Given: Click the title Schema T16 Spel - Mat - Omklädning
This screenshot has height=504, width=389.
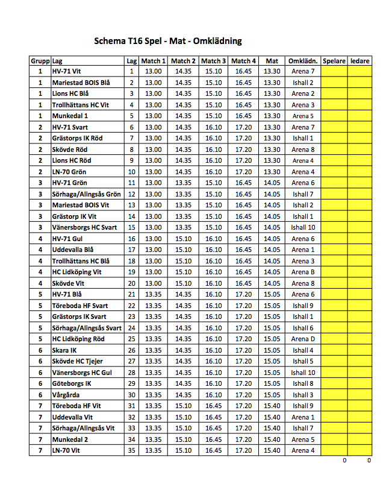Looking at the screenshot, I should point(167,42).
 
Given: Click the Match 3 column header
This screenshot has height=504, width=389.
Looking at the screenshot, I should point(214,61).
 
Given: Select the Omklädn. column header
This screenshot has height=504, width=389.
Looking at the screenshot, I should point(303,61).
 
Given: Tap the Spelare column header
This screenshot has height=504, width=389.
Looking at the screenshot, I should point(334,61).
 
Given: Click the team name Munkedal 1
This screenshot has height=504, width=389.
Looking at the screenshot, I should point(70,116).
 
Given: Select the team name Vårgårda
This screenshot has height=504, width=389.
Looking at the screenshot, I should point(66,395).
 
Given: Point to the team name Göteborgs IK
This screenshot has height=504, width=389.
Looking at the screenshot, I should point(72,383).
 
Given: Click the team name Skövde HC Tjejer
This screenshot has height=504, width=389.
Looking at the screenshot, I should point(78,361).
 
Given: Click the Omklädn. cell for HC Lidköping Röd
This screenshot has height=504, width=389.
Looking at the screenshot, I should point(303,339).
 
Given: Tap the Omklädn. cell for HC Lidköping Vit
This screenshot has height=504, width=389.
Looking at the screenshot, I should point(303,272).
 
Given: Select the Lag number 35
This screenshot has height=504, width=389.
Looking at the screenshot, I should point(131,450).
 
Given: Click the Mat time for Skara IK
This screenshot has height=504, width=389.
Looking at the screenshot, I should point(272,350).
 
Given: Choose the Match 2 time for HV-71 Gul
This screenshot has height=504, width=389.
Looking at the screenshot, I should point(183,239).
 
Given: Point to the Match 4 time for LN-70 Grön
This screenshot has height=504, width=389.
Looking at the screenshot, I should point(243,172).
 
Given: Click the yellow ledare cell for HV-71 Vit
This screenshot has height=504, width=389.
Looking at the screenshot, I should point(360,71).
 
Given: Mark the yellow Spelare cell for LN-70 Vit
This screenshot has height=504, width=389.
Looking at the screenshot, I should point(334,450).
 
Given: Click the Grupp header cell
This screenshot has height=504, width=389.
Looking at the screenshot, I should point(40,61).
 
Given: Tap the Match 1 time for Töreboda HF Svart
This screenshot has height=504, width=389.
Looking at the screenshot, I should point(153,306).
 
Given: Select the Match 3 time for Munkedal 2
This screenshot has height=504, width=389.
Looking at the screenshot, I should point(214,439).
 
